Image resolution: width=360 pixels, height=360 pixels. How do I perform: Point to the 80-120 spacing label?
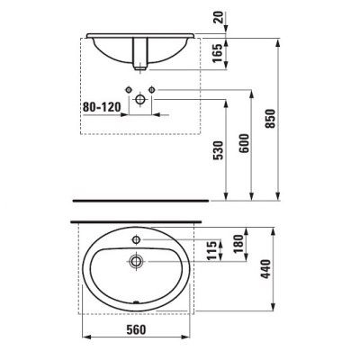(x=100, y=105)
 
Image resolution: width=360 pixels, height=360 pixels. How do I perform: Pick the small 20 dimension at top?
(x=235, y=18)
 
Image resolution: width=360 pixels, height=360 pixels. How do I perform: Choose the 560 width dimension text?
(x=137, y=329)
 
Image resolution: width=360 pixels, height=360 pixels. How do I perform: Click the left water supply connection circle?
(x=132, y=88)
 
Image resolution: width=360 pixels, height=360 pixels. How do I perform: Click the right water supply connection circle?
(x=152, y=88)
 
